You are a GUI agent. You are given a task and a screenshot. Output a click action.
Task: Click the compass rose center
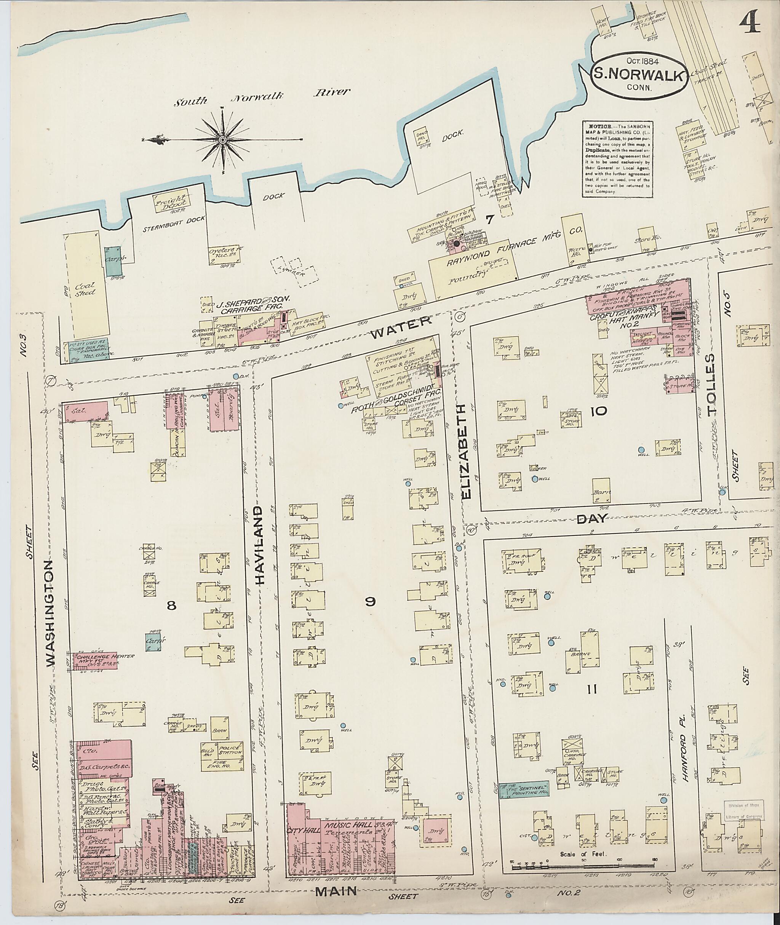[x=222, y=140]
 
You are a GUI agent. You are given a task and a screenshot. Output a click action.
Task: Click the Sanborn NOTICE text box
[x=617, y=158]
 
